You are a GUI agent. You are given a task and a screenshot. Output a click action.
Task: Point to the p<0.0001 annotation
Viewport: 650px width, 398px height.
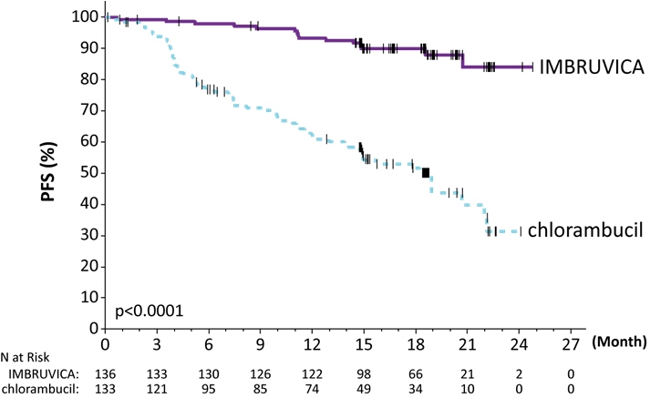click(x=149, y=311)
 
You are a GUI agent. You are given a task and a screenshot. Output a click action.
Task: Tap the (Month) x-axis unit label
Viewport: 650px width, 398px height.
click(x=619, y=345)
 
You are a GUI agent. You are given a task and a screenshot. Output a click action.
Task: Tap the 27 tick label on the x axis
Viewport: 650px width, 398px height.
click(x=572, y=346)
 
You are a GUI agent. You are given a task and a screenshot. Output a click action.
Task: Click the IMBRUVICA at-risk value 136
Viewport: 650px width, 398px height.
click(x=107, y=374)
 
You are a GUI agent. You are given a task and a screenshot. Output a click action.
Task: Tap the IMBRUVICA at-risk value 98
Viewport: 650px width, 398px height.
click(x=365, y=374)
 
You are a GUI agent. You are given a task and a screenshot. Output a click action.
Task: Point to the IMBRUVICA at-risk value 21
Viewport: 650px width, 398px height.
click(x=469, y=374)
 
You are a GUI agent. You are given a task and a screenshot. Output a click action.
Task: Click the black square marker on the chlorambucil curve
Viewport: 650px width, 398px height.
click(x=426, y=173)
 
